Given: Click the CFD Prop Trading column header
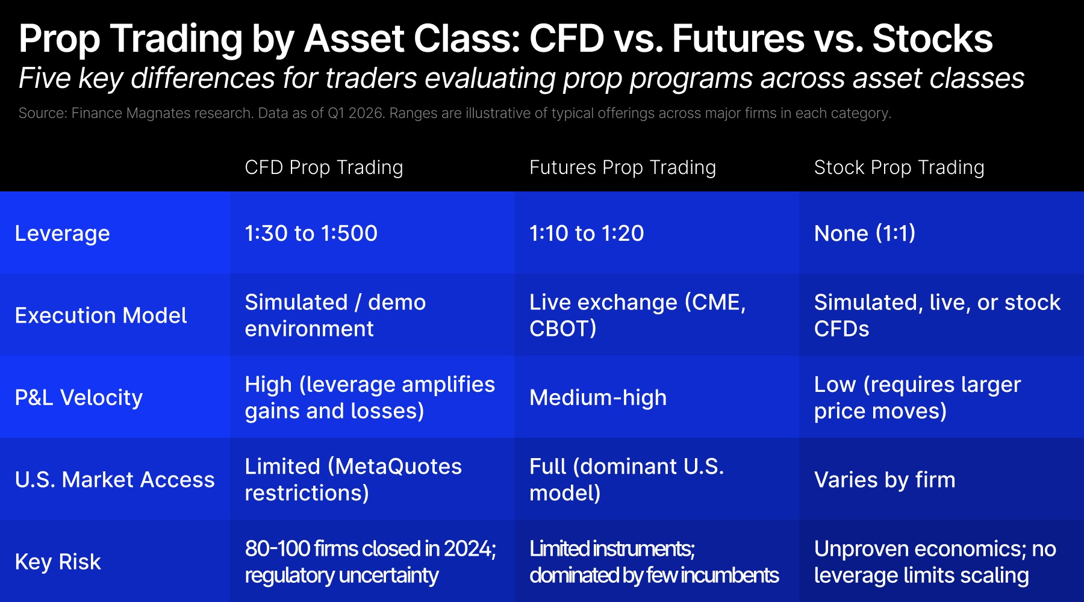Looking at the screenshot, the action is click(x=324, y=167).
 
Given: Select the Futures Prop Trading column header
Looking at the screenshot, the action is click(x=623, y=167).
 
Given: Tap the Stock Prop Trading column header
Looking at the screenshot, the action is click(x=899, y=167).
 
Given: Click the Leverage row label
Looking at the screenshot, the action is click(x=63, y=234).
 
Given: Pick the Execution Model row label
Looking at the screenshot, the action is click(x=101, y=315).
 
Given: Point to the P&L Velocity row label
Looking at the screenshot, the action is click(x=79, y=397).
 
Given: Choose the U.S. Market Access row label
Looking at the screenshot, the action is click(x=115, y=480).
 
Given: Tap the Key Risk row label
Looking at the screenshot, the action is click(x=58, y=562).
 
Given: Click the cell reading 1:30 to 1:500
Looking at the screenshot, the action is click(x=311, y=233).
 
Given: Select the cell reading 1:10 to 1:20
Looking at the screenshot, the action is click(x=587, y=233).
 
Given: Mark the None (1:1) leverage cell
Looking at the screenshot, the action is click(x=865, y=233).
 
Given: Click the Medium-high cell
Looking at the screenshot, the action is click(x=598, y=398).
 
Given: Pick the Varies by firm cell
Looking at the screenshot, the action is click(x=885, y=480).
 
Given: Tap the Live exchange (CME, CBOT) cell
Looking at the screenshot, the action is click(x=638, y=315).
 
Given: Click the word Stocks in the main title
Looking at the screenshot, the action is click(x=932, y=39).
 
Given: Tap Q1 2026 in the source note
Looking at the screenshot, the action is click(x=356, y=113).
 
